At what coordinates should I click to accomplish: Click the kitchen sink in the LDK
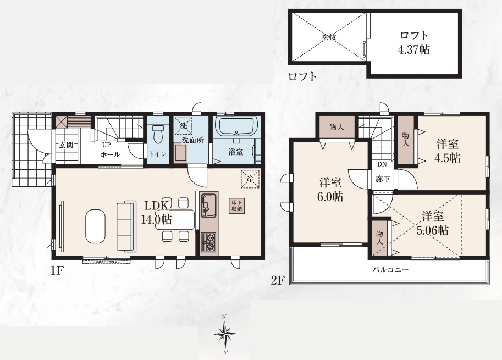click(x=209, y=204)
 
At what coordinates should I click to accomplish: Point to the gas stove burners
click(x=209, y=242)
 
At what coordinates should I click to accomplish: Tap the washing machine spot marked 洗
click(x=184, y=125)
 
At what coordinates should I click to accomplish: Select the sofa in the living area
click(x=126, y=225)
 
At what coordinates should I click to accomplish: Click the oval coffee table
click(x=95, y=226)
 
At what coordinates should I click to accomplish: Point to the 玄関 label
click(x=66, y=145)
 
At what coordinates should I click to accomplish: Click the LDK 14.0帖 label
click(x=157, y=213)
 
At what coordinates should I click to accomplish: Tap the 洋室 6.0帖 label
click(x=330, y=190)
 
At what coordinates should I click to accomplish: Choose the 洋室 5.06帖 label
click(x=433, y=223)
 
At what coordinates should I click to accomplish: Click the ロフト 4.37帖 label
click(x=413, y=42)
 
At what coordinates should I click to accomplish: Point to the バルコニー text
click(x=390, y=270)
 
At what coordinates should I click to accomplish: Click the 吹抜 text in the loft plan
click(x=329, y=37)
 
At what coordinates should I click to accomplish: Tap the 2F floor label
click(x=278, y=281)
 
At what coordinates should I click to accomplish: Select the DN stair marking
click(x=382, y=164)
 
